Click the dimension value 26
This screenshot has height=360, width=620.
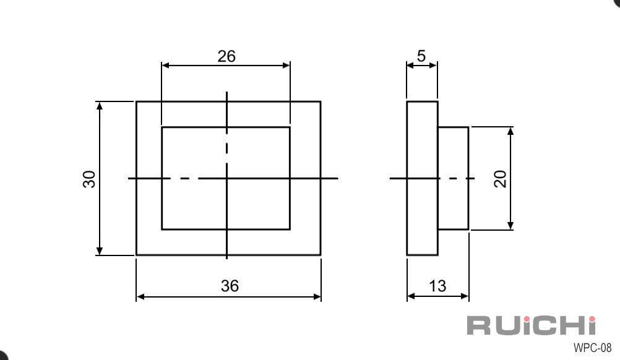point(226,56)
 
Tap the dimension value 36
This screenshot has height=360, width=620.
point(230,286)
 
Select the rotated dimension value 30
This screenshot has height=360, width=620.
point(89,179)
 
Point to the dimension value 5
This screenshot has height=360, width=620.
point(421,56)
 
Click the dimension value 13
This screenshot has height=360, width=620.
point(437,286)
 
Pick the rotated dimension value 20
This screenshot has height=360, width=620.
point(500,179)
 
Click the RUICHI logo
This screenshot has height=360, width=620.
point(531,325)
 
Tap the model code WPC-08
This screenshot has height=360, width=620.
point(592,348)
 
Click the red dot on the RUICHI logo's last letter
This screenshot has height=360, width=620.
point(592,319)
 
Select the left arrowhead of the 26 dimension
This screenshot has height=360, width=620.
point(165,65)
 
